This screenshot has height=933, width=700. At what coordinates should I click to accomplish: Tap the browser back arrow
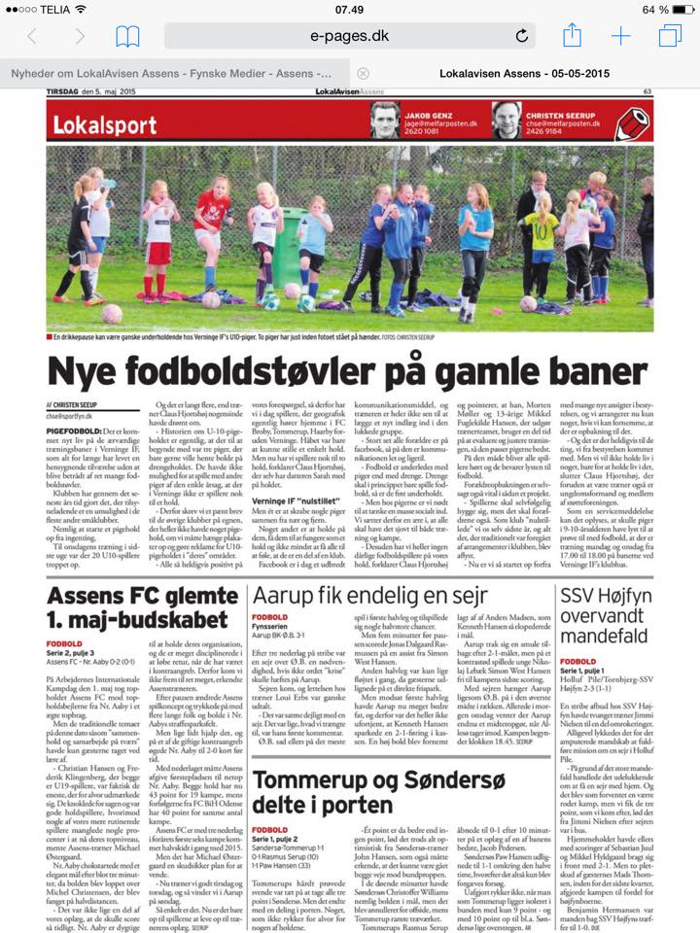coord(32,37)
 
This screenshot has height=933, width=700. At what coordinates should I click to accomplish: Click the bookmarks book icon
coord(127,37)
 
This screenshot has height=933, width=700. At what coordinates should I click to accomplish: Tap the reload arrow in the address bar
coord(522,37)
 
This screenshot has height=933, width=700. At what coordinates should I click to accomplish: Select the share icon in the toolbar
coord(573,35)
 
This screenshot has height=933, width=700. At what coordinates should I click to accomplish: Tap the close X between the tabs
coord(363,73)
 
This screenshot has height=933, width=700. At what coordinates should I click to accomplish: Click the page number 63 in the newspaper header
coord(647,92)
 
